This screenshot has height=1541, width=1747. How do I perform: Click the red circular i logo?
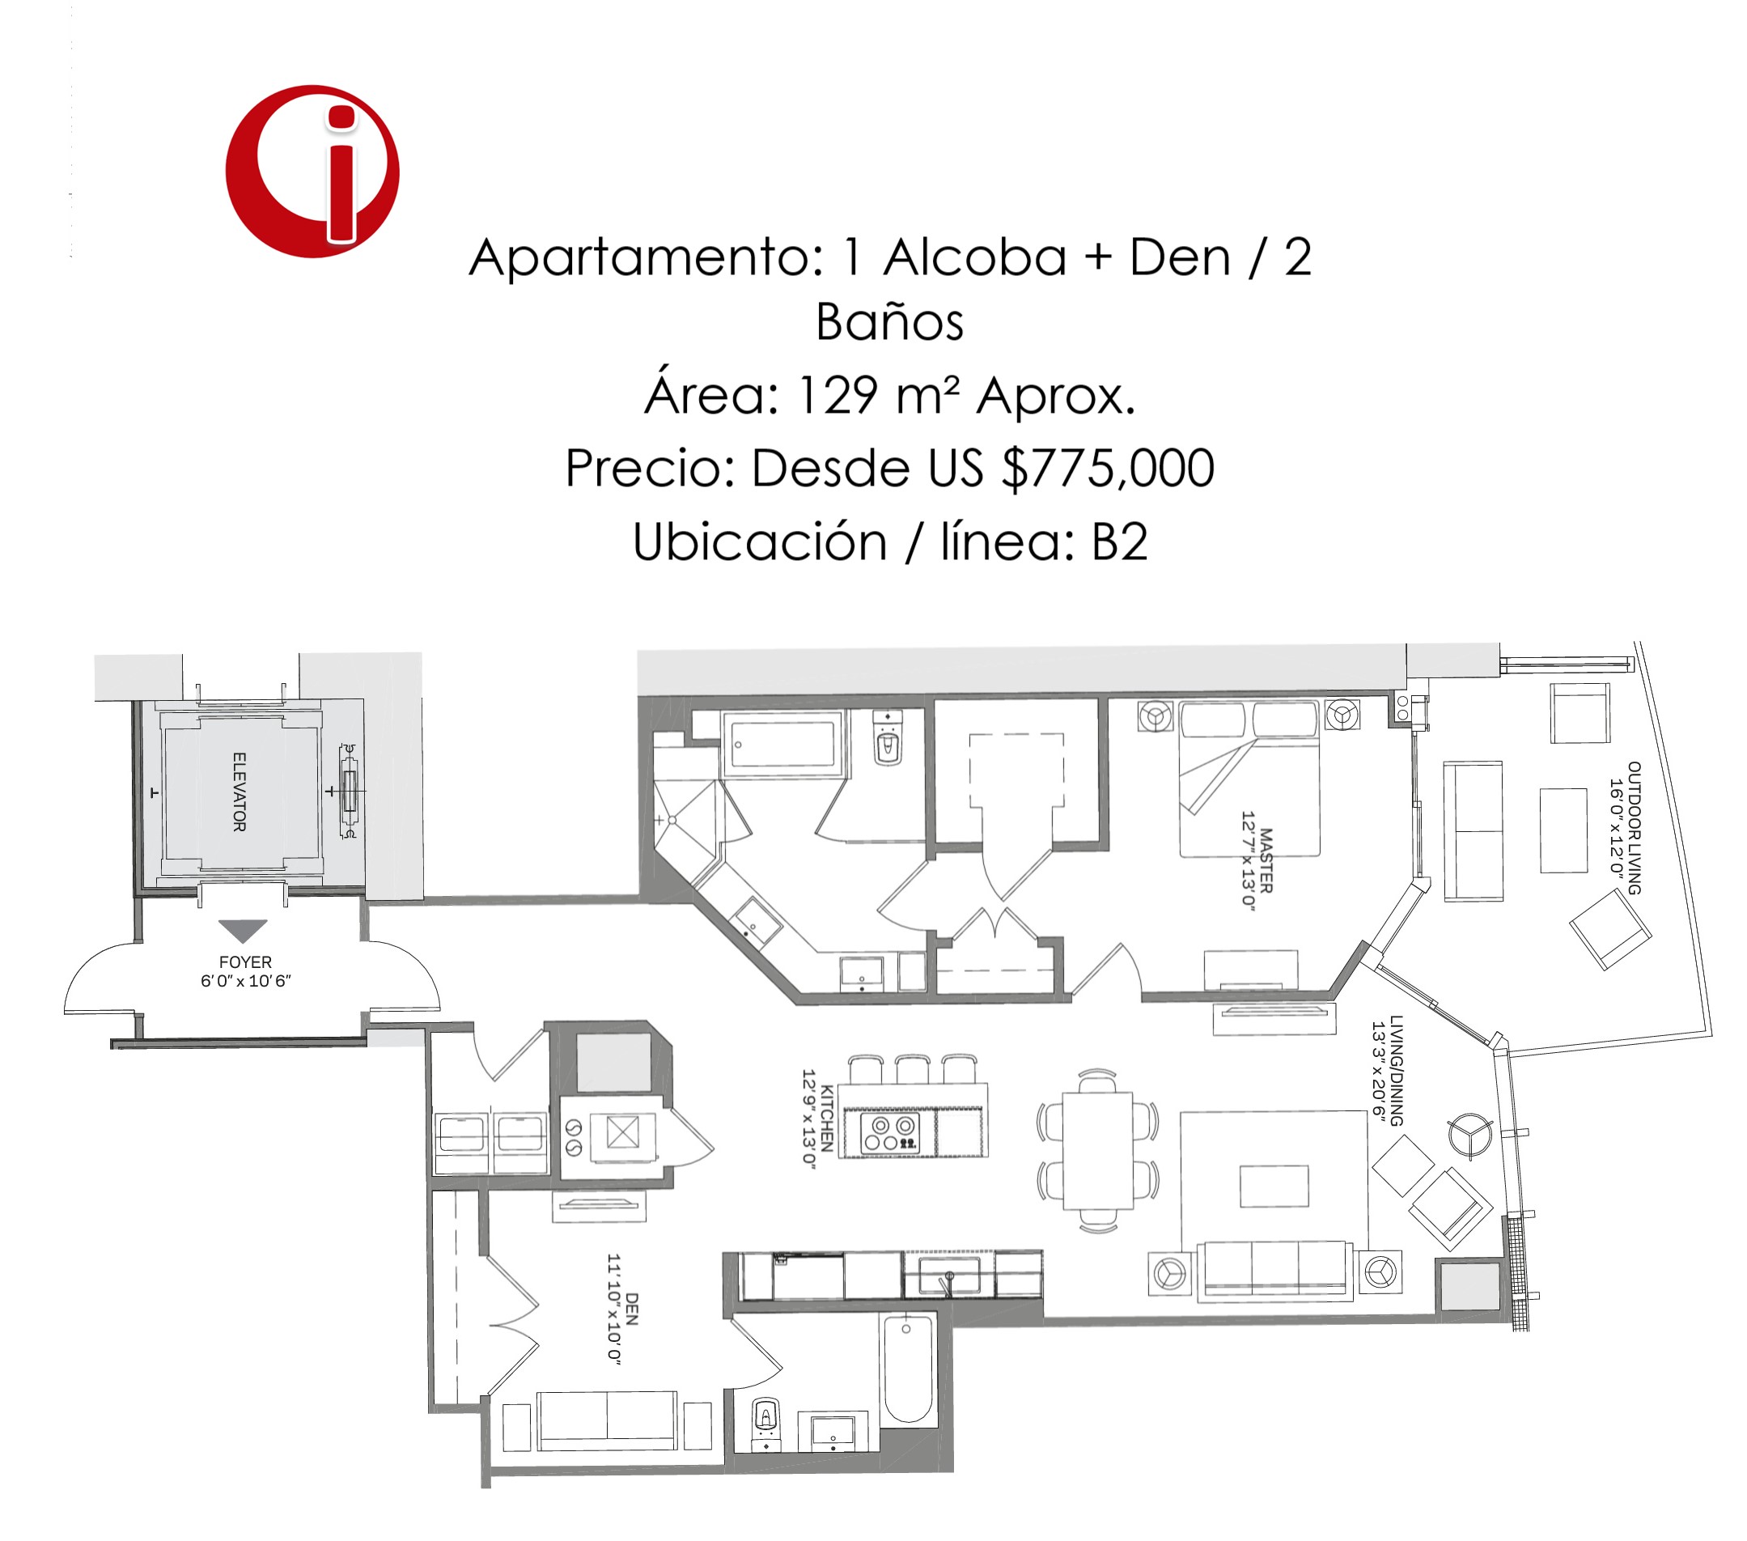coord(312,171)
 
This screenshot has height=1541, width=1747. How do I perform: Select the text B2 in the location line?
coord(1120,542)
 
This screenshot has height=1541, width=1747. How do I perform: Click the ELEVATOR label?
coord(240,792)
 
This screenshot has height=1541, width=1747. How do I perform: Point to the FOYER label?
coord(245,962)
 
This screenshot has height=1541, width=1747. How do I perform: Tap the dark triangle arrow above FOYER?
coord(243,931)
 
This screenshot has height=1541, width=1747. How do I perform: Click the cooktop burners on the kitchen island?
coord(891,1133)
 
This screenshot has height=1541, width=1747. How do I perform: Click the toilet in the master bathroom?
coord(888,741)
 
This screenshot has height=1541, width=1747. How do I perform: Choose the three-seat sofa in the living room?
coord(1274,1271)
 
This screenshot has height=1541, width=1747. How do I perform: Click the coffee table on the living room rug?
coord(1274,1187)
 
